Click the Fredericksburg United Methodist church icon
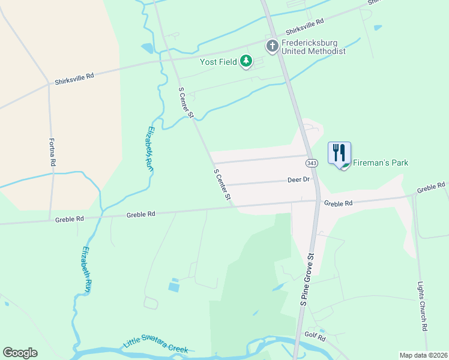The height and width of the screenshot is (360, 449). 273,46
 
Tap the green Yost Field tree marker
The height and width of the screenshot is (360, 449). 246,61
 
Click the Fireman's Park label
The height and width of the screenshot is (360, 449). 381,163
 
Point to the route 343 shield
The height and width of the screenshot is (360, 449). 311,163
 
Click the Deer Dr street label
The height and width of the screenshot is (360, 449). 298,179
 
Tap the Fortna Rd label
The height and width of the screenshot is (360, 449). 53,153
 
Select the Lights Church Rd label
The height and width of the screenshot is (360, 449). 424,307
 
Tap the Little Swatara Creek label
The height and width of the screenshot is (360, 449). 155,344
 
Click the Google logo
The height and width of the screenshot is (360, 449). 20,353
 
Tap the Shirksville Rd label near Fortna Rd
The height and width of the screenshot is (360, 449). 74,77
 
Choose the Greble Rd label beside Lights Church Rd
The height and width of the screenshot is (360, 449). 430,188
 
